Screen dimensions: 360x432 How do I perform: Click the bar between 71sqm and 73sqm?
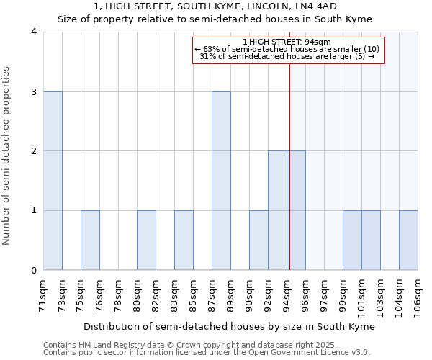[x=53, y=181]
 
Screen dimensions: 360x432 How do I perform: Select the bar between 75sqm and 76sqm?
[x=90, y=240]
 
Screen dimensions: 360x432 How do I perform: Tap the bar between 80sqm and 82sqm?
[x=146, y=240]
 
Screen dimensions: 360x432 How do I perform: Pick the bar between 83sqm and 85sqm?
[x=184, y=240]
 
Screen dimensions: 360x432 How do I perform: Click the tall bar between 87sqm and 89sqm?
[x=221, y=181]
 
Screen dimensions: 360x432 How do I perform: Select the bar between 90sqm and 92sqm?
[x=258, y=240]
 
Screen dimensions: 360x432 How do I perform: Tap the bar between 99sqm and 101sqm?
[x=352, y=240]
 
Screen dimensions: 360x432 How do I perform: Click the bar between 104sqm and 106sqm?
[x=408, y=240]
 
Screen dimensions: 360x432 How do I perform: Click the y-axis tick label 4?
[x=34, y=32]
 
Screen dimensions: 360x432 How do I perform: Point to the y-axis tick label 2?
[x=34, y=151]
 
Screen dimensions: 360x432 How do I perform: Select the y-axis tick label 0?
[x=34, y=271]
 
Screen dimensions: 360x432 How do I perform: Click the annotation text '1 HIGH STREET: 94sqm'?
[x=287, y=42]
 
